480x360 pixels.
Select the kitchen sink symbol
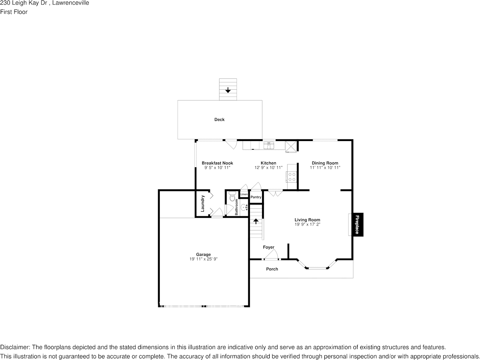pyautogui.click(x=269, y=145)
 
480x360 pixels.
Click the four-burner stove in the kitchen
pyautogui.click(x=292, y=177)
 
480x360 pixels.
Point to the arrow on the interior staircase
pyautogui.click(x=256, y=220)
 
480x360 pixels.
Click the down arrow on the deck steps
pyautogui.click(x=228, y=90)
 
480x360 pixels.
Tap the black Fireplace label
pyautogui.click(x=357, y=225)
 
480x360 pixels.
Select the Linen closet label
pyautogui.click(x=244, y=195)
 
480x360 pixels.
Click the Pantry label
pyautogui.click(x=256, y=197)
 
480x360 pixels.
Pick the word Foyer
pyautogui.click(x=269, y=247)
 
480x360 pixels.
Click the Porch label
pyautogui.click(x=272, y=269)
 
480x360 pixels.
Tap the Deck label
pyautogui.click(x=219, y=120)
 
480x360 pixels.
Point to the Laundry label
pyautogui.click(x=203, y=203)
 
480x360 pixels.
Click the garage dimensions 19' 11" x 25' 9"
pyautogui.click(x=203, y=259)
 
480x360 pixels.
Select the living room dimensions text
pyautogui.click(x=307, y=224)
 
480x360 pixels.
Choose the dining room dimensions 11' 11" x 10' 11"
pyautogui.click(x=325, y=168)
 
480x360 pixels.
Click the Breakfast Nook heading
pyautogui.click(x=217, y=163)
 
